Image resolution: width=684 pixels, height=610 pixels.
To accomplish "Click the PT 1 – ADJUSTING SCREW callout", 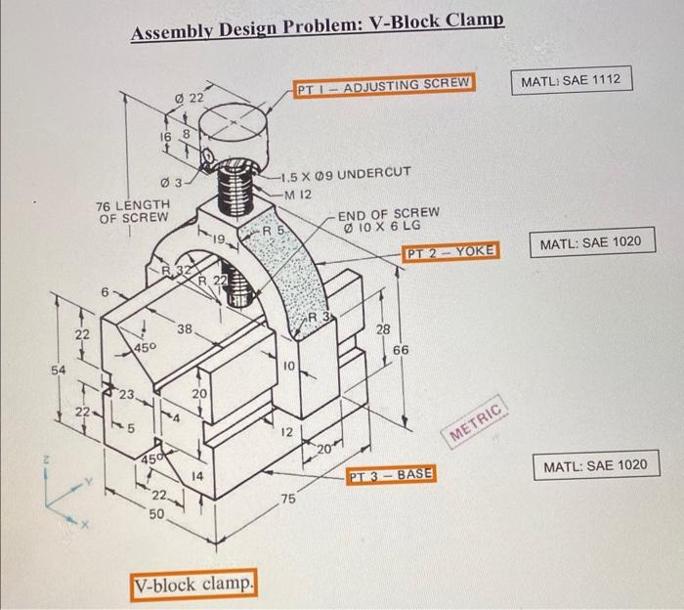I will pyautogui.click(x=383, y=84).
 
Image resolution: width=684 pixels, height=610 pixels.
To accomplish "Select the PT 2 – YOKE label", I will pyautogui.click(x=450, y=252).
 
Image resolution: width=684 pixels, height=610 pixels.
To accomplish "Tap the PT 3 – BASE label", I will pyautogui.click(x=392, y=474).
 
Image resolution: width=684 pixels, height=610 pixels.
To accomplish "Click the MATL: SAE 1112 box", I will pyautogui.click(x=572, y=78).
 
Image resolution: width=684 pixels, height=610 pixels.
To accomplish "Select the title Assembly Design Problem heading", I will pyautogui.click(x=319, y=31).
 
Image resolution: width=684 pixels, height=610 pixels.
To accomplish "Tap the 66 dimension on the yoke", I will pyautogui.click(x=401, y=349).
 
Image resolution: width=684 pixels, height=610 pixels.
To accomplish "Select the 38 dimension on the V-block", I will pyautogui.click(x=184, y=330).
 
